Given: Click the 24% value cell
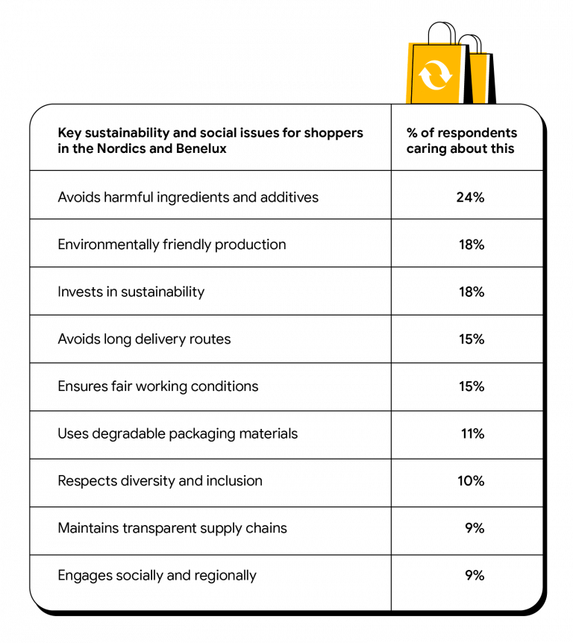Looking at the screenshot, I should pos(471,198).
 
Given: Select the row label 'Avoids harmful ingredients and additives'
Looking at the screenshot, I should pos(188,198).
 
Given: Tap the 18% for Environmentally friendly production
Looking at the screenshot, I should pos(472,245).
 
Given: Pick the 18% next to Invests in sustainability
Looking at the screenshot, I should pos(472,292).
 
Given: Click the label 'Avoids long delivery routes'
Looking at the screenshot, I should pos(144,339).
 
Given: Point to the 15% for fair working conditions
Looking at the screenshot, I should pos(472,386).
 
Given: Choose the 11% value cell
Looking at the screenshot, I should pos(472,433).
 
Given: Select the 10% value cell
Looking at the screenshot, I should pos(471,481).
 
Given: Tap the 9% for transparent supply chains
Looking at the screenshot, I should pos(475,528).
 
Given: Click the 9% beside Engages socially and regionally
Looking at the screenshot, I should pos(475,575).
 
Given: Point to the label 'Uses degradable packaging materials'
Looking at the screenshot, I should pos(178,433).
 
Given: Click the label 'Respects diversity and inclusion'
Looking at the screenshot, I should pos(160,481).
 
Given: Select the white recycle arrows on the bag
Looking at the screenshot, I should pos(434,75).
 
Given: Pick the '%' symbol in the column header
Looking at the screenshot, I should pos(412,133).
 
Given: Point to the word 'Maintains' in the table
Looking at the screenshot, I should pos(88,528).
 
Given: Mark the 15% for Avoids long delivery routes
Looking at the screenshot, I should pos(472,339).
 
